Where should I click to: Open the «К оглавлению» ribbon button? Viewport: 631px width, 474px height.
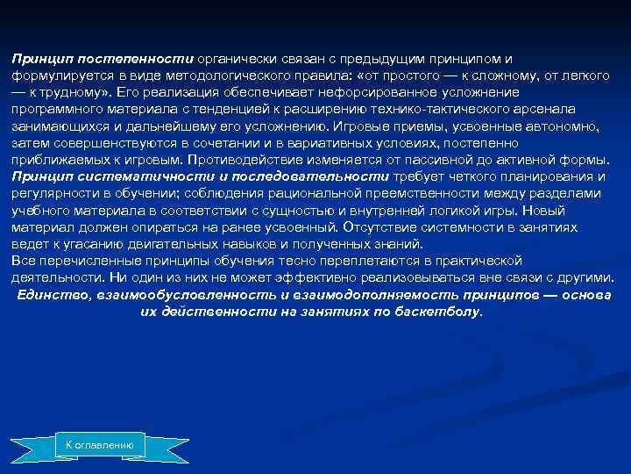click(100, 446)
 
